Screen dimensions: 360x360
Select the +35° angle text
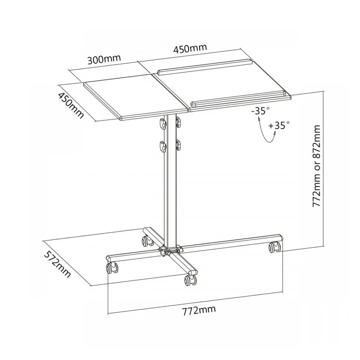pyautogui.click(x=279, y=126)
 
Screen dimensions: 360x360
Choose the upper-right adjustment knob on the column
pyautogui.click(x=179, y=122)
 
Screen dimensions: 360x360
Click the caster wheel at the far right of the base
pyautogui.click(x=274, y=247)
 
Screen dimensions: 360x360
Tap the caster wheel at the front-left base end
pyautogui.click(x=111, y=269)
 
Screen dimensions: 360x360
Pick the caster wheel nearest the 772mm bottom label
pyautogui.click(x=189, y=280)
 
